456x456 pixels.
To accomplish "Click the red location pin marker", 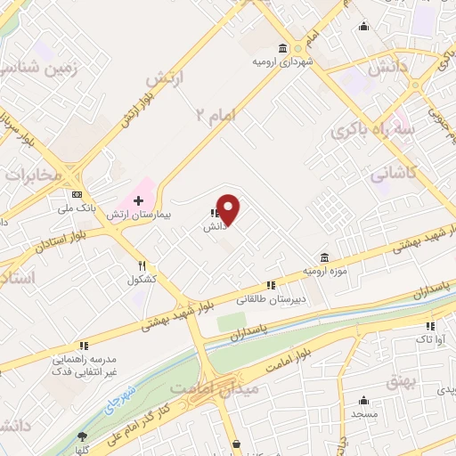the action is [229, 209].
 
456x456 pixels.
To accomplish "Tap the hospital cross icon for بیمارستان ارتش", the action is [138, 201].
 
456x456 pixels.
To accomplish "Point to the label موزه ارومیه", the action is [323, 269].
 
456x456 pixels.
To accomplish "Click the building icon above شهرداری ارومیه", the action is [282, 48].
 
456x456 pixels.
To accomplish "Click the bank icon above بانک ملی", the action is [77, 195].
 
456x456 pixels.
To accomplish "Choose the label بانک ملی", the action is [77, 208].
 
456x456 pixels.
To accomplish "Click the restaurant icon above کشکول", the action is [142, 265].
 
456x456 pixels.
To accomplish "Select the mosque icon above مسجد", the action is [363, 400].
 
